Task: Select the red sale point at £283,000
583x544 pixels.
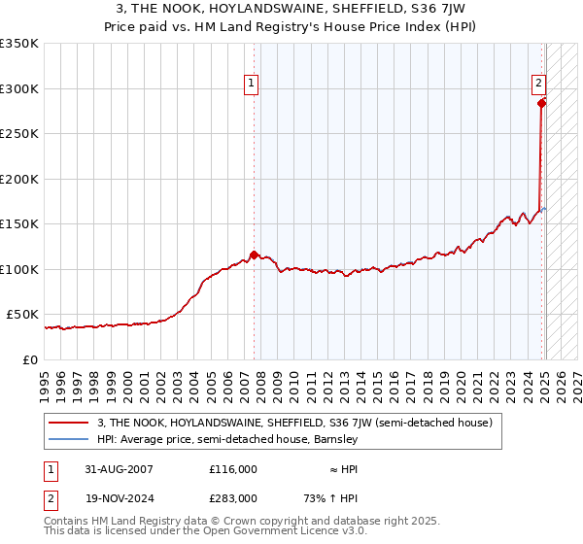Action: (x=542, y=104)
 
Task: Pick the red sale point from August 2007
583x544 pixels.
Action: (x=254, y=255)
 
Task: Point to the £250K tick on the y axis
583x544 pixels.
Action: (x=19, y=134)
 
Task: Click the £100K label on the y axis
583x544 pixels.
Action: (x=19, y=269)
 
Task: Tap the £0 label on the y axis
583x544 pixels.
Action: (x=30, y=359)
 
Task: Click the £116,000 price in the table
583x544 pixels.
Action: (x=233, y=468)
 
